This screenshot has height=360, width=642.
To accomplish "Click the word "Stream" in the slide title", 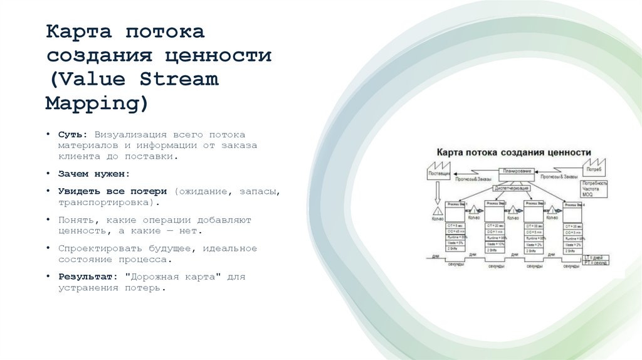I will pos(179,79).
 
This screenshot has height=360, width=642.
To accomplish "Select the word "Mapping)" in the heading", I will pos(97,103).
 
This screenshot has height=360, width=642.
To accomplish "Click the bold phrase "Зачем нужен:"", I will pos(94,174).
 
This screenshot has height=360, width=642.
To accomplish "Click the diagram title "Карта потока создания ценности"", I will pos(513,152).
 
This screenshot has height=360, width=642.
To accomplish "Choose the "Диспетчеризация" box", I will pos(513,188).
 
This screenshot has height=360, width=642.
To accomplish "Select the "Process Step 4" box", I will pos(572,204).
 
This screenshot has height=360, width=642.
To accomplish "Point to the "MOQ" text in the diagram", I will pos(587,195).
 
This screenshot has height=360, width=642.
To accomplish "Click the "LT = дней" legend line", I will pos(594,257).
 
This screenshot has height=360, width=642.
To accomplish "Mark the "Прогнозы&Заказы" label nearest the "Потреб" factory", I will pos(559,177).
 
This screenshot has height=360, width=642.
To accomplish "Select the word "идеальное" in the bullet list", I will pos(231,248).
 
